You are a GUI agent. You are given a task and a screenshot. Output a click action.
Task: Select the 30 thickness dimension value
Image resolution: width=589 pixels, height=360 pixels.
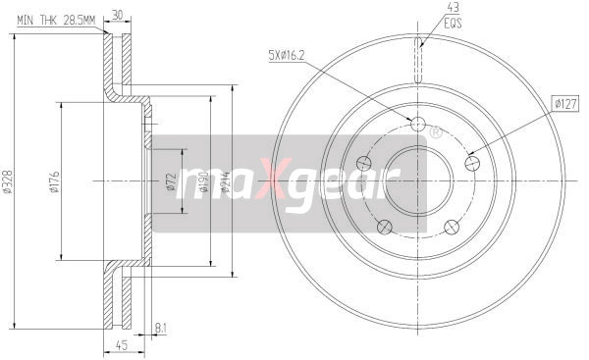click(118, 15)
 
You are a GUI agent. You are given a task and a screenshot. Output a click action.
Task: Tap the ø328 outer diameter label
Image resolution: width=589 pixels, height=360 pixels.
click(9, 181)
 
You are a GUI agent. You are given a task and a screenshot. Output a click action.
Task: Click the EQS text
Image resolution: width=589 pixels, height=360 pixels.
click(424, 21)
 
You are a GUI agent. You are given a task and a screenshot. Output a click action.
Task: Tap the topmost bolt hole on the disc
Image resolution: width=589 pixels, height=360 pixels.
click(416, 125)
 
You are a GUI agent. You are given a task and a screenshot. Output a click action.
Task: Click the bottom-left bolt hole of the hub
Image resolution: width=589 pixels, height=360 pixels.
click(383, 228)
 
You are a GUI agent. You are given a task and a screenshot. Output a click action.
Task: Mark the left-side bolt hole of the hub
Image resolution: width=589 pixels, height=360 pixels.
click(362, 163)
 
